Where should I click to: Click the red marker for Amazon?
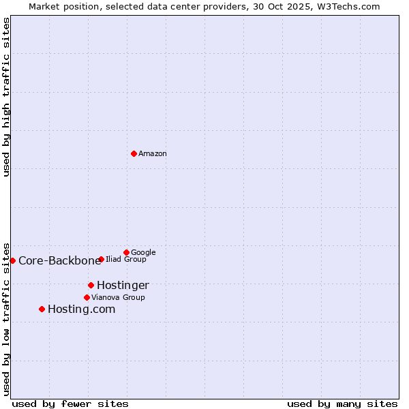click(134, 153)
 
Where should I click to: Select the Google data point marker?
click(126, 252)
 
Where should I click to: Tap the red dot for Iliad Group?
click(101, 259)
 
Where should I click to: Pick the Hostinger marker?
click(91, 285)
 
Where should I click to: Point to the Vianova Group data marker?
click(87, 297)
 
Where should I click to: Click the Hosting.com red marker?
click(42, 309)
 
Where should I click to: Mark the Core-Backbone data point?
click(12, 260)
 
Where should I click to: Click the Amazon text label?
click(153, 154)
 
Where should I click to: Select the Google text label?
click(143, 253)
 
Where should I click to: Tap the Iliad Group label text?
click(126, 260)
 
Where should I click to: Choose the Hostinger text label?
click(123, 286)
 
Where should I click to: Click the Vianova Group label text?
click(118, 298)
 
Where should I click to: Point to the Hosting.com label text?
click(81, 309)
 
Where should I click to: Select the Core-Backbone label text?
click(59, 261)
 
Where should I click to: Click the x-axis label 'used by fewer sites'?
click(70, 404)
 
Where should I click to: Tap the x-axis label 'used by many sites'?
click(342, 404)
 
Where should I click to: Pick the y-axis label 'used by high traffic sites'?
click(7, 97)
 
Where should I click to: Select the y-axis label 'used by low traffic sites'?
click(7, 318)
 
